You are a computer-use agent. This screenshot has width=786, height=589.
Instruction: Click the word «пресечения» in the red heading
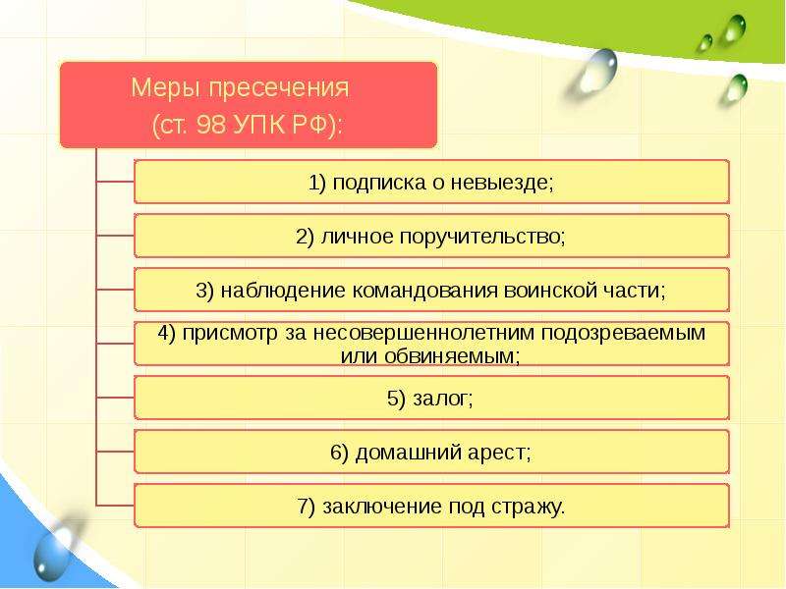[279, 88]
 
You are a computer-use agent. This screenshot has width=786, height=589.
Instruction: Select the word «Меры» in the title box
[166, 88]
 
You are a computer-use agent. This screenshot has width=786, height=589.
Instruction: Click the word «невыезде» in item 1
[501, 182]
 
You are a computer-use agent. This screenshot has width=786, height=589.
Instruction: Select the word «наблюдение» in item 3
[283, 291]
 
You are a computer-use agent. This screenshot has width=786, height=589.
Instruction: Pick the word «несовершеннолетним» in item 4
[423, 333]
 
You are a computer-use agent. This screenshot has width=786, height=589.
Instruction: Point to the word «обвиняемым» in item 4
[453, 356]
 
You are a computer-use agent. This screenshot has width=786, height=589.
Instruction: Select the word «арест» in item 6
[499, 454]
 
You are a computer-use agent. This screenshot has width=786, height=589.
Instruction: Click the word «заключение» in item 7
[382, 507]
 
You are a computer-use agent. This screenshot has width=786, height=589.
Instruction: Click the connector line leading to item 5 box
[115, 398]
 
